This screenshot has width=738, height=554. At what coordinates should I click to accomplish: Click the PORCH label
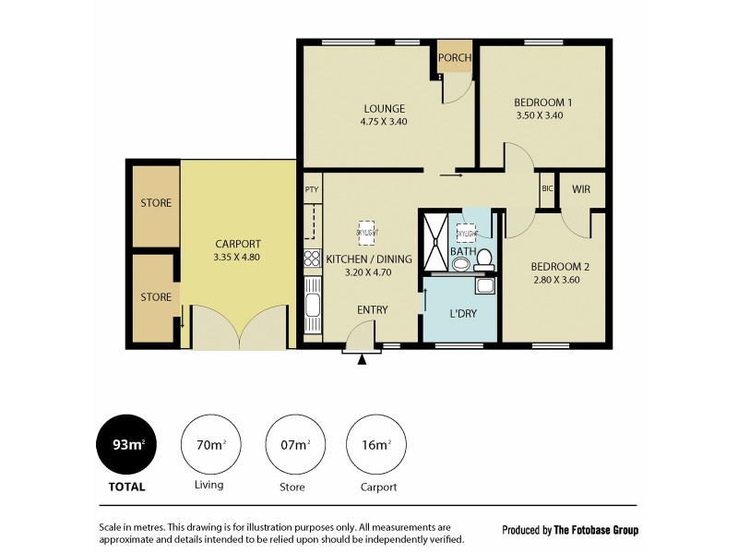point(454,58)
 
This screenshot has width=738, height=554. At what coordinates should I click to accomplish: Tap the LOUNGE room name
point(384,108)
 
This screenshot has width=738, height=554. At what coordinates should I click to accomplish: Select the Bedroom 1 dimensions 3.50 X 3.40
point(539,115)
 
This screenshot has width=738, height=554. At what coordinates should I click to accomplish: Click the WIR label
point(581,189)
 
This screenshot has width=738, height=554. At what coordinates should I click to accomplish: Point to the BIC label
point(547,189)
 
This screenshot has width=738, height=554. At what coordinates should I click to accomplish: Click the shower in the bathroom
point(436,241)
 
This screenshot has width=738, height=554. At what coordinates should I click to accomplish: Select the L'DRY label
point(462,313)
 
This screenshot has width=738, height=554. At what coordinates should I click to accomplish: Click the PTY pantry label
point(311,189)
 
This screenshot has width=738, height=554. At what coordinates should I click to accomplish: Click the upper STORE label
point(156,203)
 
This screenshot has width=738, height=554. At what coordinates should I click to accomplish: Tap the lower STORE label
point(156,297)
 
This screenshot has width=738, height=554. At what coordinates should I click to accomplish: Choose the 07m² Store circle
point(294,445)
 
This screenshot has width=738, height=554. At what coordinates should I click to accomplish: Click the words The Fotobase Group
point(595,530)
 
